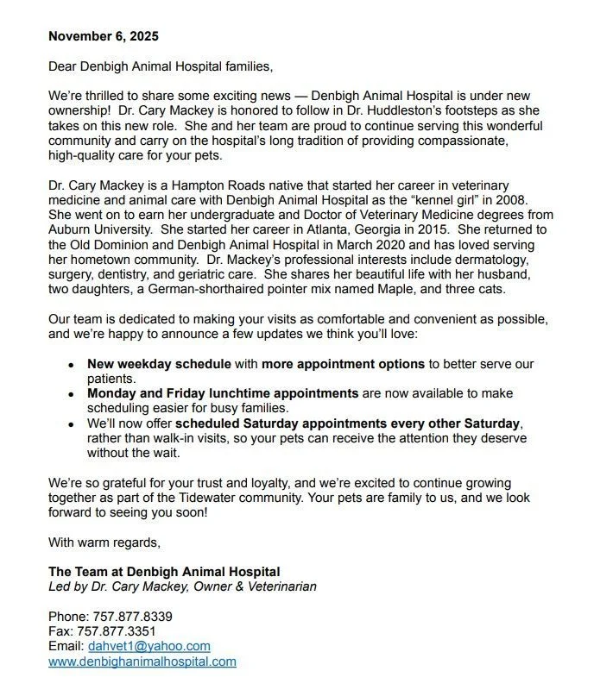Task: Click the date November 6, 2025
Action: coord(104,36)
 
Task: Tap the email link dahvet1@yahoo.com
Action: coord(149,646)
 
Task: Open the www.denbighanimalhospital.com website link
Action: coord(142,662)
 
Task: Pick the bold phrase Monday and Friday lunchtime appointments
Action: coord(223,393)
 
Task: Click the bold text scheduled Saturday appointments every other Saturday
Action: coord(349,423)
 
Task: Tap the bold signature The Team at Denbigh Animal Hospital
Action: coord(164,572)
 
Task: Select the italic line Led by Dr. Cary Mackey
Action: coord(182,586)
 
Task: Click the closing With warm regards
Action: coord(104,542)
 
